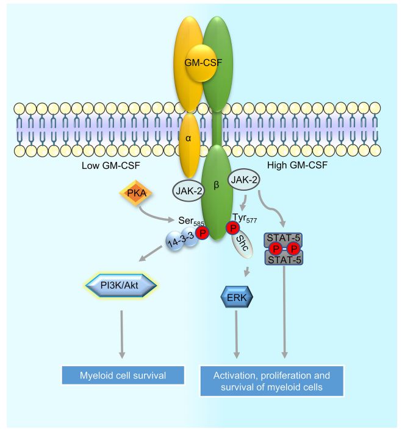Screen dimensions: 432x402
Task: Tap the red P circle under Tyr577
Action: click(233, 227)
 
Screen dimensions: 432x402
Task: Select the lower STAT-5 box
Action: click(284, 258)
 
